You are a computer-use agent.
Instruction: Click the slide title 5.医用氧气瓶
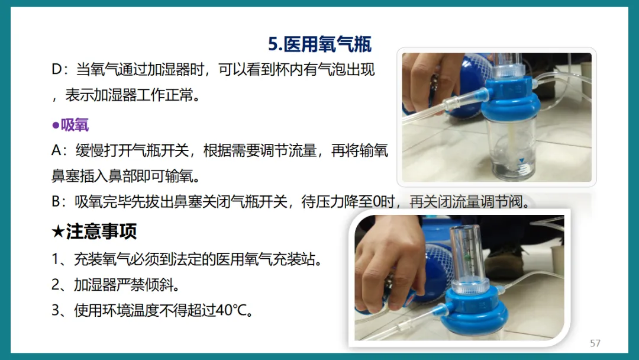pos(320,44)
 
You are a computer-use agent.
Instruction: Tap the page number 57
pos(595,343)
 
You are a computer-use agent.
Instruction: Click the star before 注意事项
pos(58,232)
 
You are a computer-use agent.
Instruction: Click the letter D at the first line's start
pos(57,69)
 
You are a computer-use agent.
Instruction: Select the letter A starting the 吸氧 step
pos(56,150)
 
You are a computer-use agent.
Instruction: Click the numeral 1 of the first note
pos(56,259)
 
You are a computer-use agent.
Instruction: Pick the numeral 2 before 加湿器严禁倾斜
pos(56,285)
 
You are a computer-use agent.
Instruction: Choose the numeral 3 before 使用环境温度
pos(56,310)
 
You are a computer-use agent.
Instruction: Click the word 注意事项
pos(101,231)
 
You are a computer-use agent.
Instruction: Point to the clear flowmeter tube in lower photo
pos(469,258)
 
